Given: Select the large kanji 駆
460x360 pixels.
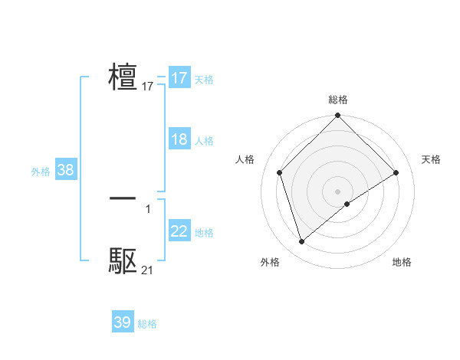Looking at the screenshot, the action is pos(123,261).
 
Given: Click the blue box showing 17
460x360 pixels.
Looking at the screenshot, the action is pos(179,78).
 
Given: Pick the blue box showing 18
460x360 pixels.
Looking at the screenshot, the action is pos(179,139).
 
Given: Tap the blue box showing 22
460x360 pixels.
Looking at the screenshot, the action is pos(179,231).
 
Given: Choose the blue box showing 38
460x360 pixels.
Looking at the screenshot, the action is pos(65,170).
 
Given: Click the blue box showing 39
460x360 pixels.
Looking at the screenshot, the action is pos(123,322).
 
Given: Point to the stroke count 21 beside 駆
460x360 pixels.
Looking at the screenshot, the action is pos(147,270).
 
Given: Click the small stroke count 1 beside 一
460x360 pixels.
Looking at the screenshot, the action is pos(148,209).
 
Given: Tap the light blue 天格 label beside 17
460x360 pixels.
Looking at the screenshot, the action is pos(204,80).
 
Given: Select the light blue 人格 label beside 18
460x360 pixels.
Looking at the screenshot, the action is pos(204,141).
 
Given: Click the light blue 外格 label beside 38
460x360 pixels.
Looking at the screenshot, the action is pos(41,172).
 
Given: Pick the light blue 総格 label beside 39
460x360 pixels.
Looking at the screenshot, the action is pos(147,324).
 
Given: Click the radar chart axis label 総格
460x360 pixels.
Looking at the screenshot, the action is pos(337,100).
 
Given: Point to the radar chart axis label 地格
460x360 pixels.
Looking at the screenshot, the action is pos(402,263).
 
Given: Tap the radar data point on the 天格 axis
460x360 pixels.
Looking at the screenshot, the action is pos(396,172).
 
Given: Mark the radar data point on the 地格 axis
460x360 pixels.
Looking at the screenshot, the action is pos(347,204).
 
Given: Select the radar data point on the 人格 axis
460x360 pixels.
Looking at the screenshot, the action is pos(280,172).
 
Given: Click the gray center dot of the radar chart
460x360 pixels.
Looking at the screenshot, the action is pos(337,191).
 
